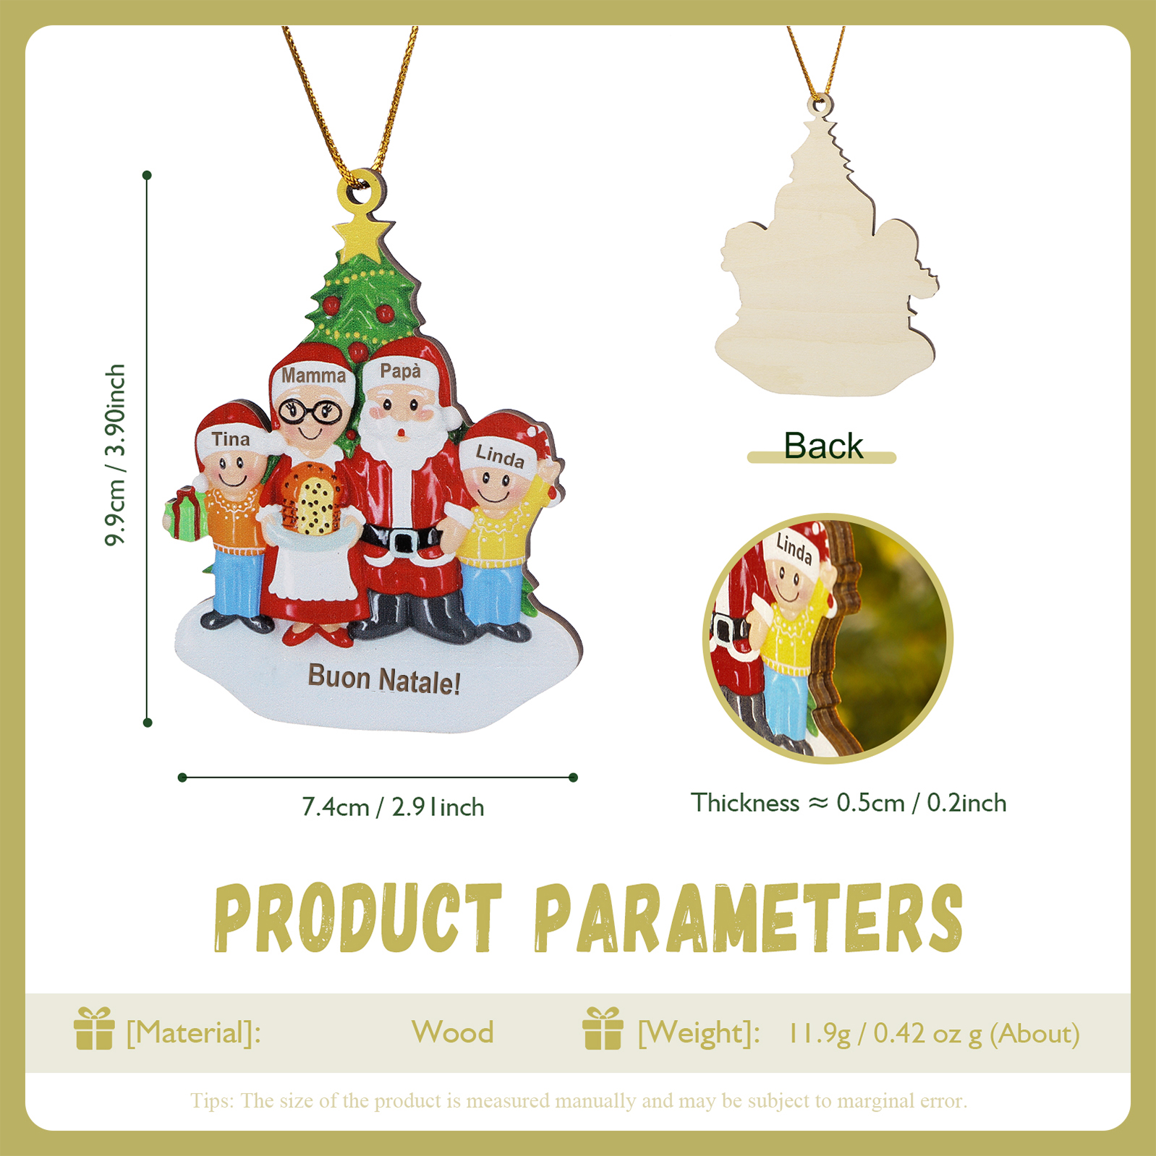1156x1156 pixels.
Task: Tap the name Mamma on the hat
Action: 313,375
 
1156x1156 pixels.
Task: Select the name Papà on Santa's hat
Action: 400,371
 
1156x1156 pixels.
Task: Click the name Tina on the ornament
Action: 231,439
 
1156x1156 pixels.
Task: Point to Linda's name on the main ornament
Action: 500,456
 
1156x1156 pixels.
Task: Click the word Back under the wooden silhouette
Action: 823,446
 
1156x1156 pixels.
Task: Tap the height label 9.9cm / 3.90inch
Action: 116,455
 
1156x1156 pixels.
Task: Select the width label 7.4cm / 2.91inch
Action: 393,807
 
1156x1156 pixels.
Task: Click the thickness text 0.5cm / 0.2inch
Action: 921,803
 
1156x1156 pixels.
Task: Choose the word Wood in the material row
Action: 452,1032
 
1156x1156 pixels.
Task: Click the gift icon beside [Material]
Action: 94,1029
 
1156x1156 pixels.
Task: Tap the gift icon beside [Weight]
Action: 603,1029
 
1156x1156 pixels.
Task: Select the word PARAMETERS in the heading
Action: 749,918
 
